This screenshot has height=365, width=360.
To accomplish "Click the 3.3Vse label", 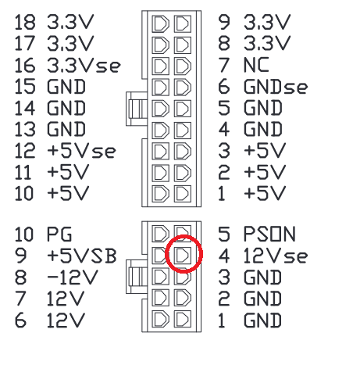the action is point(84,65).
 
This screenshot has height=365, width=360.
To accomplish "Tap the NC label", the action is point(256,65).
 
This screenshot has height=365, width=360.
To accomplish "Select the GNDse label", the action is point(276,87).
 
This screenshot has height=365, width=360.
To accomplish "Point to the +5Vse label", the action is point(81,151).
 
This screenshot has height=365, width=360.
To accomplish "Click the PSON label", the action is point(269,234).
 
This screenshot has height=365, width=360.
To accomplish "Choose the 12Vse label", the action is point(276,256).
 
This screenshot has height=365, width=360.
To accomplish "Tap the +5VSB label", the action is point(82,256).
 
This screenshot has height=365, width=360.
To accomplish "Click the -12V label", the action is point(73,277).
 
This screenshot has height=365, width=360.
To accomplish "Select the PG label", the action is point(59,234).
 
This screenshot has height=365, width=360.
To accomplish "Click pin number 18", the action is point(25,22).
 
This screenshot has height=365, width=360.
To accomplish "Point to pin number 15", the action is point(25,87).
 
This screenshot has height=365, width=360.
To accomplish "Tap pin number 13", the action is point(25,130).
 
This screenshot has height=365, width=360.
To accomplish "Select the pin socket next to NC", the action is point(183,66).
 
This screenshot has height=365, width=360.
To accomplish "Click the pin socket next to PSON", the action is point(183,233).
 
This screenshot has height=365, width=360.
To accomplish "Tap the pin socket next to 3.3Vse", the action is point(160,66).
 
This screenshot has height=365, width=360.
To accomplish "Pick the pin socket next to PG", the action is point(160,234).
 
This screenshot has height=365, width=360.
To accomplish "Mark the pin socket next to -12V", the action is point(160,277).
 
